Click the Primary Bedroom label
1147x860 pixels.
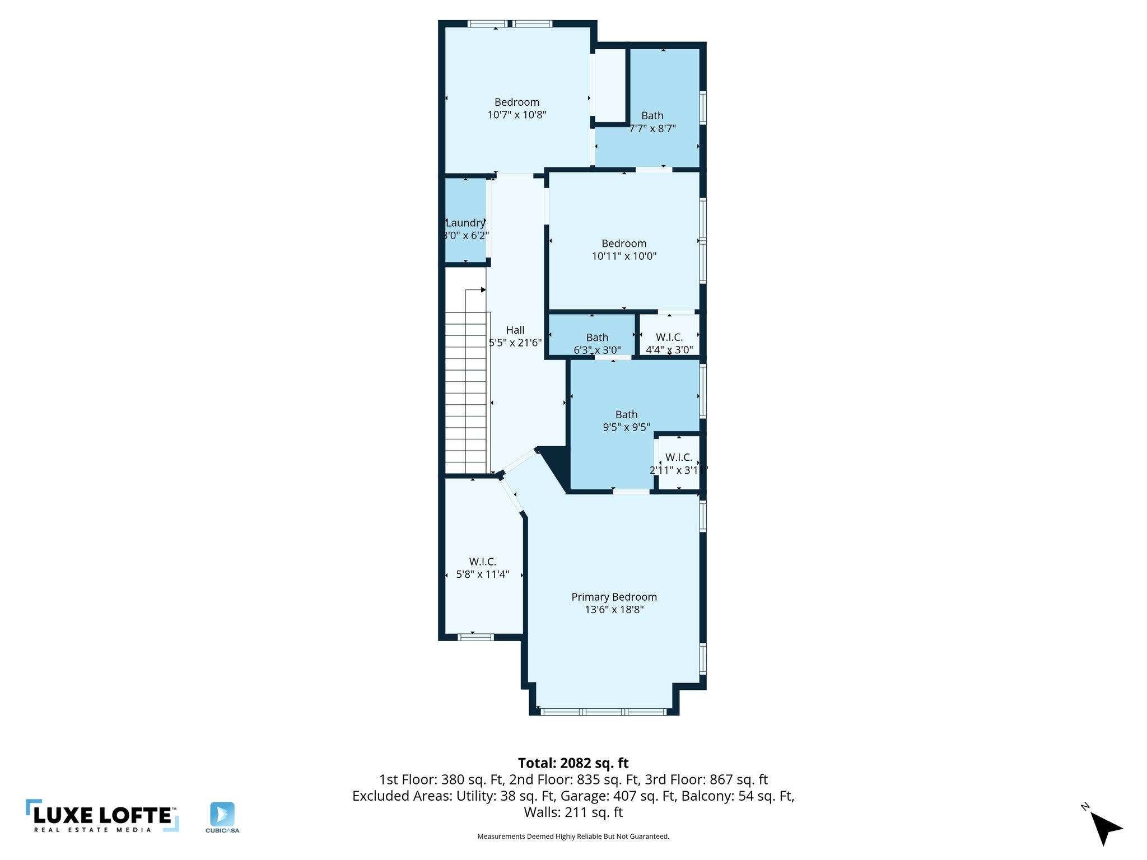(x=614, y=597)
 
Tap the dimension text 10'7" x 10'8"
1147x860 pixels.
(x=516, y=115)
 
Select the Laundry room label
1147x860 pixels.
(x=465, y=223)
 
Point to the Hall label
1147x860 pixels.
(x=515, y=330)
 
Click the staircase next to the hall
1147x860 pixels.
(x=466, y=392)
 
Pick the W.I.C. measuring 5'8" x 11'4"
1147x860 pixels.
(x=482, y=562)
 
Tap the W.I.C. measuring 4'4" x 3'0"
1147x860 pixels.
(x=669, y=337)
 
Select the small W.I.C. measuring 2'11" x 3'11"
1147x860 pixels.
(x=679, y=457)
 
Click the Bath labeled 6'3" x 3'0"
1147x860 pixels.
(x=597, y=337)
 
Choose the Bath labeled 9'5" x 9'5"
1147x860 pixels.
(x=626, y=414)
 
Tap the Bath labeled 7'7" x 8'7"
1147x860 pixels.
(x=652, y=115)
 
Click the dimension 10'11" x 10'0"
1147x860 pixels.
(x=624, y=256)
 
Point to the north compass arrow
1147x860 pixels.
(x=1105, y=827)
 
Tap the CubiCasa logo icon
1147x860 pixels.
(x=222, y=814)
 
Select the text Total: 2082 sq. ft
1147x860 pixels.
(x=573, y=763)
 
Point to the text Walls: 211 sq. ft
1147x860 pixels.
(x=573, y=812)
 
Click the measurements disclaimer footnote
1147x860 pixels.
(x=573, y=836)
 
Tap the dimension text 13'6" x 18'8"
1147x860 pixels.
(x=614, y=610)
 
